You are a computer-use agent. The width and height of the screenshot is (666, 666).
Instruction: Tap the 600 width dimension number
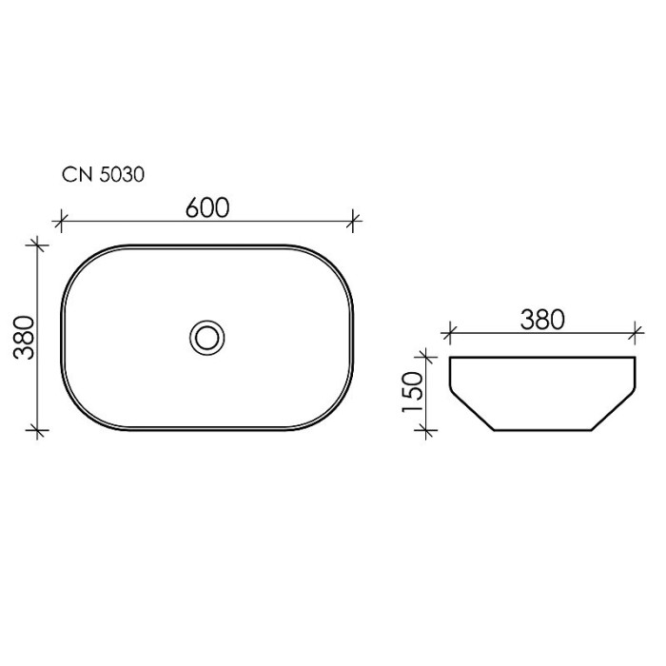click(207, 208)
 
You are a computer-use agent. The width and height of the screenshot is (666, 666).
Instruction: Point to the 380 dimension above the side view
click(542, 319)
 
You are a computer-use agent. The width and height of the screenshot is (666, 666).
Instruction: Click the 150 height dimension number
click(412, 391)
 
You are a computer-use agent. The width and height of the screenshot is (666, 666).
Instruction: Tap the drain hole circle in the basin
click(206, 336)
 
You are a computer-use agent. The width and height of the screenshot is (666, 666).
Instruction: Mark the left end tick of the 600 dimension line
click(61, 222)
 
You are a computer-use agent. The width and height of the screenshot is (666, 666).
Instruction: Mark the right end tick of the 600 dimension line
click(353, 222)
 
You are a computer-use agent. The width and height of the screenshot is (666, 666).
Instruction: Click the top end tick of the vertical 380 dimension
click(38, 245)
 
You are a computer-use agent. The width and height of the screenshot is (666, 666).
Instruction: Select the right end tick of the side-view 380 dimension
click(635, 333)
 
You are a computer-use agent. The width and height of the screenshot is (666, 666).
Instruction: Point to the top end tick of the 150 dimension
click(428, 357)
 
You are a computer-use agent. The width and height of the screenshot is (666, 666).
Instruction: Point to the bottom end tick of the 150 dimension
click(428, 431)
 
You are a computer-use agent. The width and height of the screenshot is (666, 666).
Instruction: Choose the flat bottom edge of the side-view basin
click(542, 431)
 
